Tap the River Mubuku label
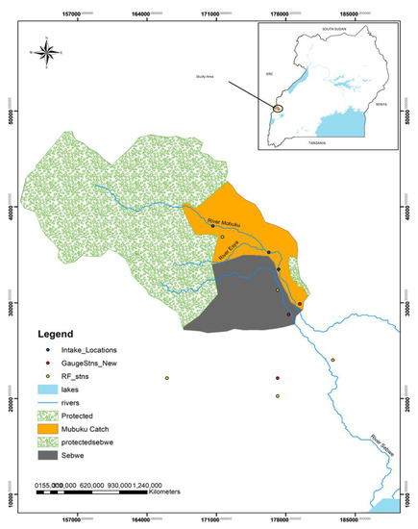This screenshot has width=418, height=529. (228, 223)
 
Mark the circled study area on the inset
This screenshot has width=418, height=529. (278, 108)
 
